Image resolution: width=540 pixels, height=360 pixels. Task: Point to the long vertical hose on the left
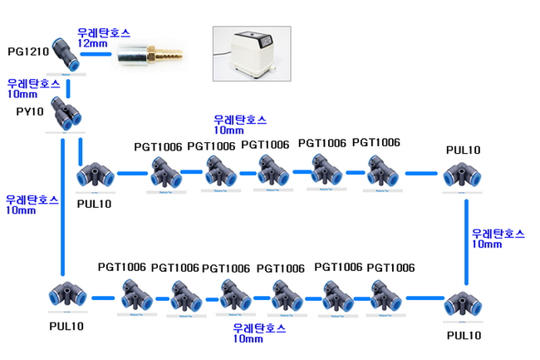tap(64, 208)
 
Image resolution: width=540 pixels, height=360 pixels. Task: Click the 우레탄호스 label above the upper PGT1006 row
tap(241, 120)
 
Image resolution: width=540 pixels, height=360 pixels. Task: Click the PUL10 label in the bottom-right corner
tap(464, 336)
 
